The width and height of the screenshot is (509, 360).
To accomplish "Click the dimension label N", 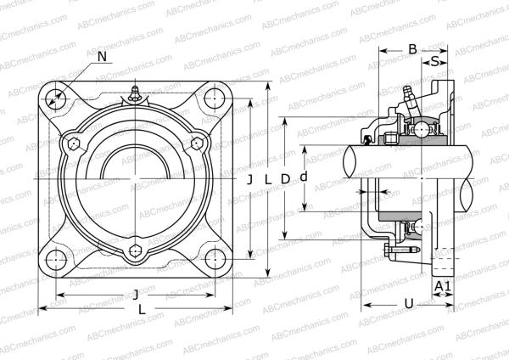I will (x=102, y=57).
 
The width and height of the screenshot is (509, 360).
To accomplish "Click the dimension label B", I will (x=412, y=50).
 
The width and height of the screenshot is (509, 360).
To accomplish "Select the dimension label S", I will (x=435, y=62).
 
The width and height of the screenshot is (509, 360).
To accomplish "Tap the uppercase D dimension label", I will (x=286, y=178).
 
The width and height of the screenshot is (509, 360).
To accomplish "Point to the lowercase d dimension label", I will (x=304, y=178).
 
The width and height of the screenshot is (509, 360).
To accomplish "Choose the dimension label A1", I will (x=442, y=287).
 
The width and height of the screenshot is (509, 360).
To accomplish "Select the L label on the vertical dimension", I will (x=267, y=179).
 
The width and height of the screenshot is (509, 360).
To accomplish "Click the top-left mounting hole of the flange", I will (x=56, y=98).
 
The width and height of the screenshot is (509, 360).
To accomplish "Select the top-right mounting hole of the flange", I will (x=215, y=98).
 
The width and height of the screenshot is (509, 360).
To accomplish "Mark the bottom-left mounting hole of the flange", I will (x=56, y=259).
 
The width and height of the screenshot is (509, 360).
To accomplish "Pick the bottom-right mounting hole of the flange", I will (x=215, y=259).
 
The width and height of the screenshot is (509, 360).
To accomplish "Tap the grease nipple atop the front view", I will (x=135, y=93).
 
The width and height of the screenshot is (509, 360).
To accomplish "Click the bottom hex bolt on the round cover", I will (x=135, y=251).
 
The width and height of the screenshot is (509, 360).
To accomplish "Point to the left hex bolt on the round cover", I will (x=73, y=143).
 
